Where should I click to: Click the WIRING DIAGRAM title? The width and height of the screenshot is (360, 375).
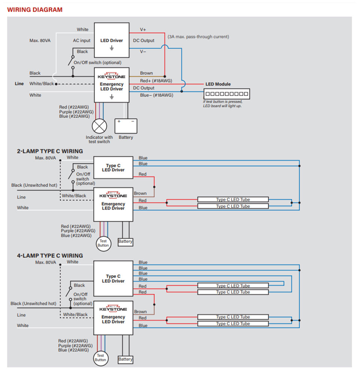tap(35, 10)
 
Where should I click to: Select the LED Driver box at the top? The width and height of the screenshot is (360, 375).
tap(111, 40)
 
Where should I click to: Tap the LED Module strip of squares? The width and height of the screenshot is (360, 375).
tap(226, 94)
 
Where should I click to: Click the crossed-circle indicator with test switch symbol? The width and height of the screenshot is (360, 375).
tap(99, 126)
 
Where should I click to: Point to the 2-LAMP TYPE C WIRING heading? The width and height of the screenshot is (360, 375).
tap(50, 151)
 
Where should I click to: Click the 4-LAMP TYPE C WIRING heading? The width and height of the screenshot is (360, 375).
tap(50, 256)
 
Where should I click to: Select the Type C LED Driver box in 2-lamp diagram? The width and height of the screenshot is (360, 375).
tap(113, 168)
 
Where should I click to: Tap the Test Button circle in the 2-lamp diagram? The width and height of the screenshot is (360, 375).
tap(103, 243)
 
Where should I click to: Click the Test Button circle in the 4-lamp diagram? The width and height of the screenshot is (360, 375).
tap(100, 358)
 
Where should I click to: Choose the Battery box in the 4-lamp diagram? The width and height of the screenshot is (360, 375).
tap(125, 359)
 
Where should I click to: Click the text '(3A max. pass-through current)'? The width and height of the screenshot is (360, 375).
tap(198, 37)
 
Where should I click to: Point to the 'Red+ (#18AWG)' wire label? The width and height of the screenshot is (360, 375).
tap(156, 81)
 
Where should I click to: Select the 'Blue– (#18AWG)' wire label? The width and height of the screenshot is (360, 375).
tap(157, 95)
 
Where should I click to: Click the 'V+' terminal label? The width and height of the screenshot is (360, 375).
tap(143, 29)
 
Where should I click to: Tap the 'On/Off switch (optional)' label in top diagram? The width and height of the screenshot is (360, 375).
tap(97, 63)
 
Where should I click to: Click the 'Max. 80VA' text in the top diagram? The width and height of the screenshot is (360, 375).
tap(40, 40)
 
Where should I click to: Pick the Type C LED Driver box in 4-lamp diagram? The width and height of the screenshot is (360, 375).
tap(113, 279)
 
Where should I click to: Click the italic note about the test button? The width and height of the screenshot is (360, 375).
tap(223, 104)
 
